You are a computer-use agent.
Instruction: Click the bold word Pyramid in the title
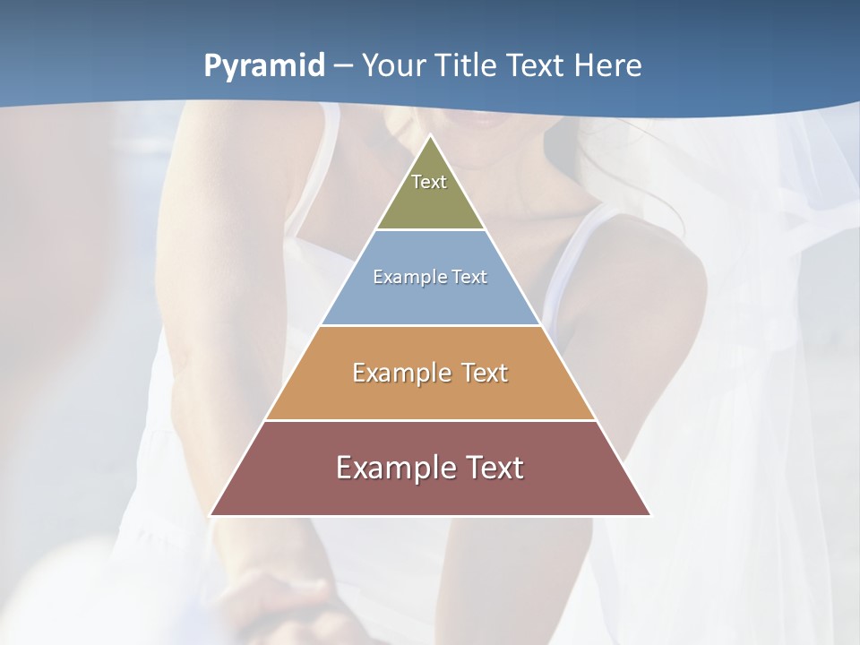click(x=264, y=66)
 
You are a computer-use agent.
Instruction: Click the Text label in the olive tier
click(x=429, y=182)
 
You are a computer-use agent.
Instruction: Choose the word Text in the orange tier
click(x=485, y=373)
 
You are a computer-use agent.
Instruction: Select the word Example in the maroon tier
click(x=395, y=468)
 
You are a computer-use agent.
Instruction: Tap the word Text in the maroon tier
click(x=494, y=468)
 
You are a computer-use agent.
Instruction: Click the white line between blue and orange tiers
click(x=430, y=325)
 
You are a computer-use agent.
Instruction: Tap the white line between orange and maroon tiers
click(x=430, y=420)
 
